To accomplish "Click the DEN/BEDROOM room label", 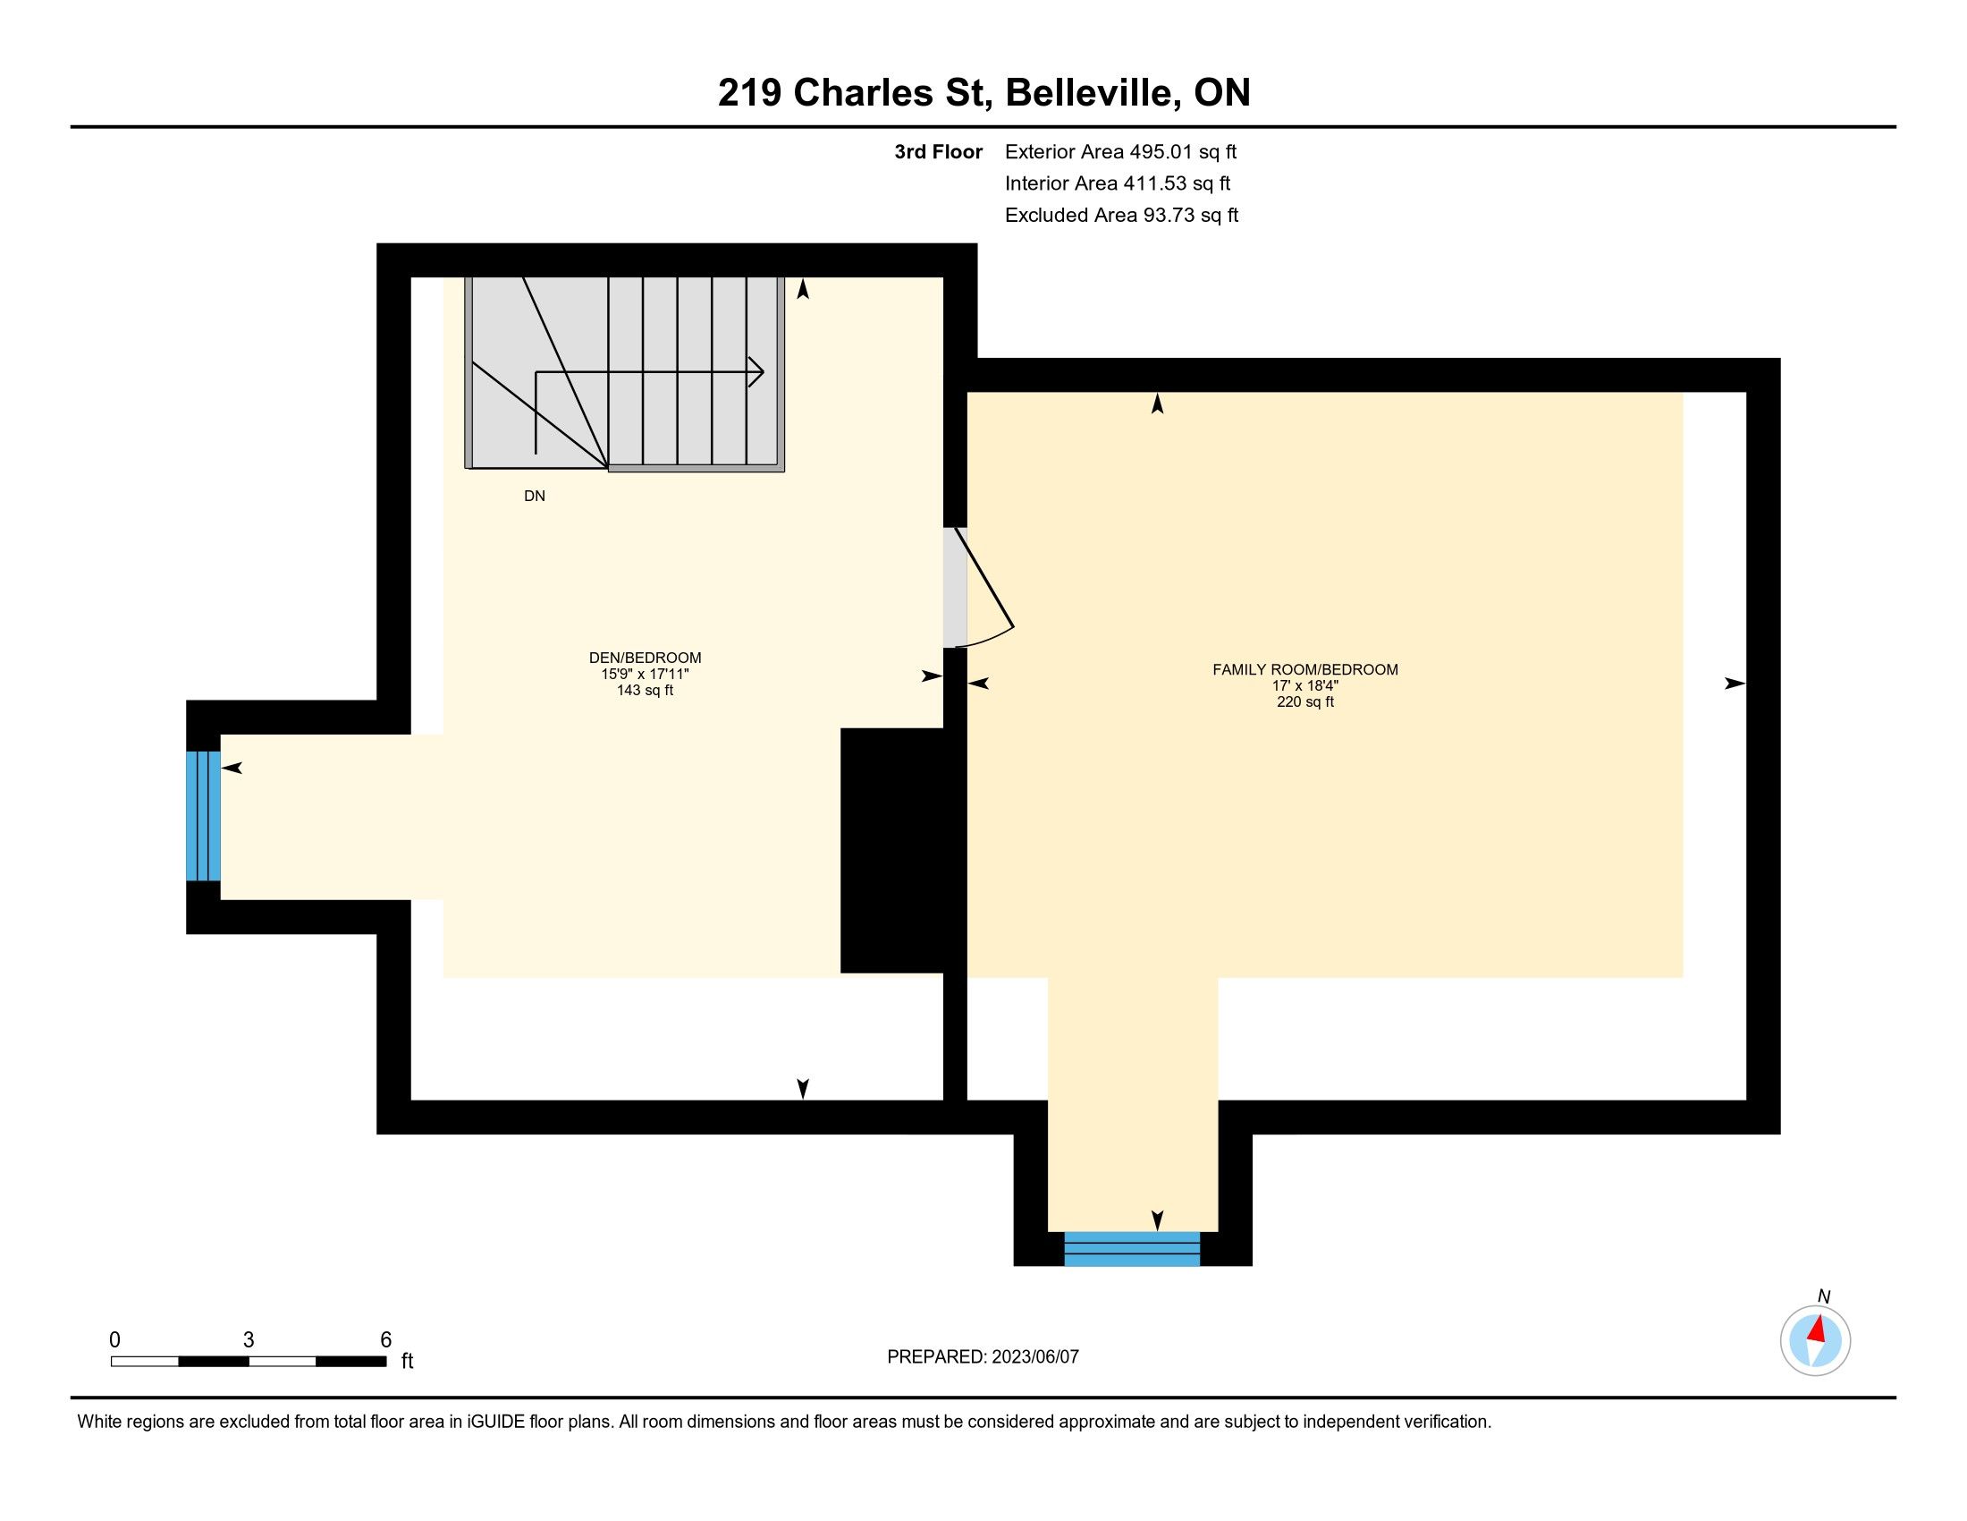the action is pyautogui.click(x=645, y=658).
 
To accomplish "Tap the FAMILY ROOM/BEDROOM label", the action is pyautogui.click(x=1305, y=669).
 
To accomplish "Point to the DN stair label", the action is pyautogui.click(x=534, y=496).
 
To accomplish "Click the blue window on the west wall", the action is pyautogui.click(x=203, y=815).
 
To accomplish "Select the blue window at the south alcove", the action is pyautogui.click(x=1132, y=1248).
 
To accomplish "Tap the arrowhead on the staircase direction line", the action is pyautogui.click(x=756, y=371).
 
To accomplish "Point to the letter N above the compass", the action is pyautogui.click(x=1824, y=1296).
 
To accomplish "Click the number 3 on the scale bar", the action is pyautogui.click(x=249, y=1339).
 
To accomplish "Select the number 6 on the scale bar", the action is pyautogui.click(x=385, y=1339).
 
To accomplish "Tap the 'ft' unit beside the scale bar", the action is pyautogui.click(x=407, y=1361).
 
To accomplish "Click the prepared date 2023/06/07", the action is pyautogui.click(x=1034, y=1356).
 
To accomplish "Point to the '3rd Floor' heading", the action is pyautogui.click(x=938, y=152).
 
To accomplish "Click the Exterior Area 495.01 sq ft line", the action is pyautogui.click(x=1120, y=152).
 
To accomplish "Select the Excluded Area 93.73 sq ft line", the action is pyautogui.click(x=1121, y=216).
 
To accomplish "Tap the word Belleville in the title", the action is pyautogui.click(x=1092, y=93).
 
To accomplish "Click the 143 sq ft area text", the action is pyautogui.click(x=645, y=690).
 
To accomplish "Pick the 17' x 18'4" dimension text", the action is pyautogui.click(x=1305, y=684).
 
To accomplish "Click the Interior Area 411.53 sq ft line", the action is pyautogui.click(x=1118, y=183).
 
